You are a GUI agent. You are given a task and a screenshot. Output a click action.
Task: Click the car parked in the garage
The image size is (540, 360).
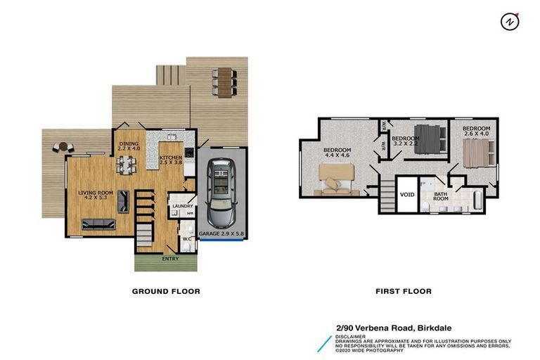(223, 189)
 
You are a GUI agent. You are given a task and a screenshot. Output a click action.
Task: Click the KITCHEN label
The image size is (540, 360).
(170, 160)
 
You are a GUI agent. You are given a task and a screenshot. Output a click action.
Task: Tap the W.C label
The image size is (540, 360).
(187, 239)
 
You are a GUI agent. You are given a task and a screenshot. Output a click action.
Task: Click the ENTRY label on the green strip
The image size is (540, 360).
(170, 259)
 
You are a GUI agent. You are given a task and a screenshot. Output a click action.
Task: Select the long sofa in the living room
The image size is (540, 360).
(99, 226)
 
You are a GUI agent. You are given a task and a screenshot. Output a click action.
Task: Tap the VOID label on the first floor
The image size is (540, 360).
(406, 195)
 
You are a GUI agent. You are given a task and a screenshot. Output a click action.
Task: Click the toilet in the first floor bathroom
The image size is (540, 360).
(427, 205)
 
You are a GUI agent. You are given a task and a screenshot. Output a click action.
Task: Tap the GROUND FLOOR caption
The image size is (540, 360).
(167, 291)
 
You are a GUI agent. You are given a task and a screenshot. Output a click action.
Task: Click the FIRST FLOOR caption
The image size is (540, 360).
(403, 291)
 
